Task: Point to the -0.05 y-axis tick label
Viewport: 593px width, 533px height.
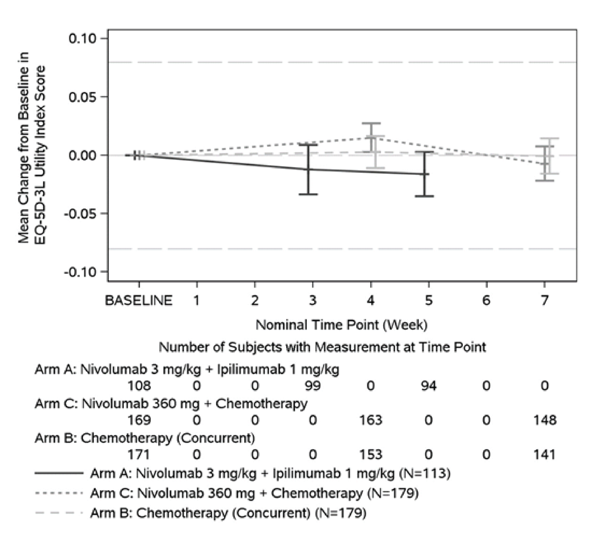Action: pos(80,214)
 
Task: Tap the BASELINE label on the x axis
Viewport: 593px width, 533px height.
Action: pos(138,301)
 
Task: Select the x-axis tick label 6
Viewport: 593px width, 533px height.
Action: pos(486,301)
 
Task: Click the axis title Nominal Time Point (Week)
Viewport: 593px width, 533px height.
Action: pos(341,325)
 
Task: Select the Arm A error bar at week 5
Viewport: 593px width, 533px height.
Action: pos(424,174)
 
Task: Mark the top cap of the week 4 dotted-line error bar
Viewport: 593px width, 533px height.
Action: pos(371,123)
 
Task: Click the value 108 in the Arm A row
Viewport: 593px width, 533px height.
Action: pos(139,386)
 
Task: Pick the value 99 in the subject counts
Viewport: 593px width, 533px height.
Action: pos(313,386)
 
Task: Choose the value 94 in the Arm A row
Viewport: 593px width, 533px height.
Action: pos(429,386)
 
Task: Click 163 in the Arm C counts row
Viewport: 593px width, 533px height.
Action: pos(371,420)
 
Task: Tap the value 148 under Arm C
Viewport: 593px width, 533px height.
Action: pos(545,420)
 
